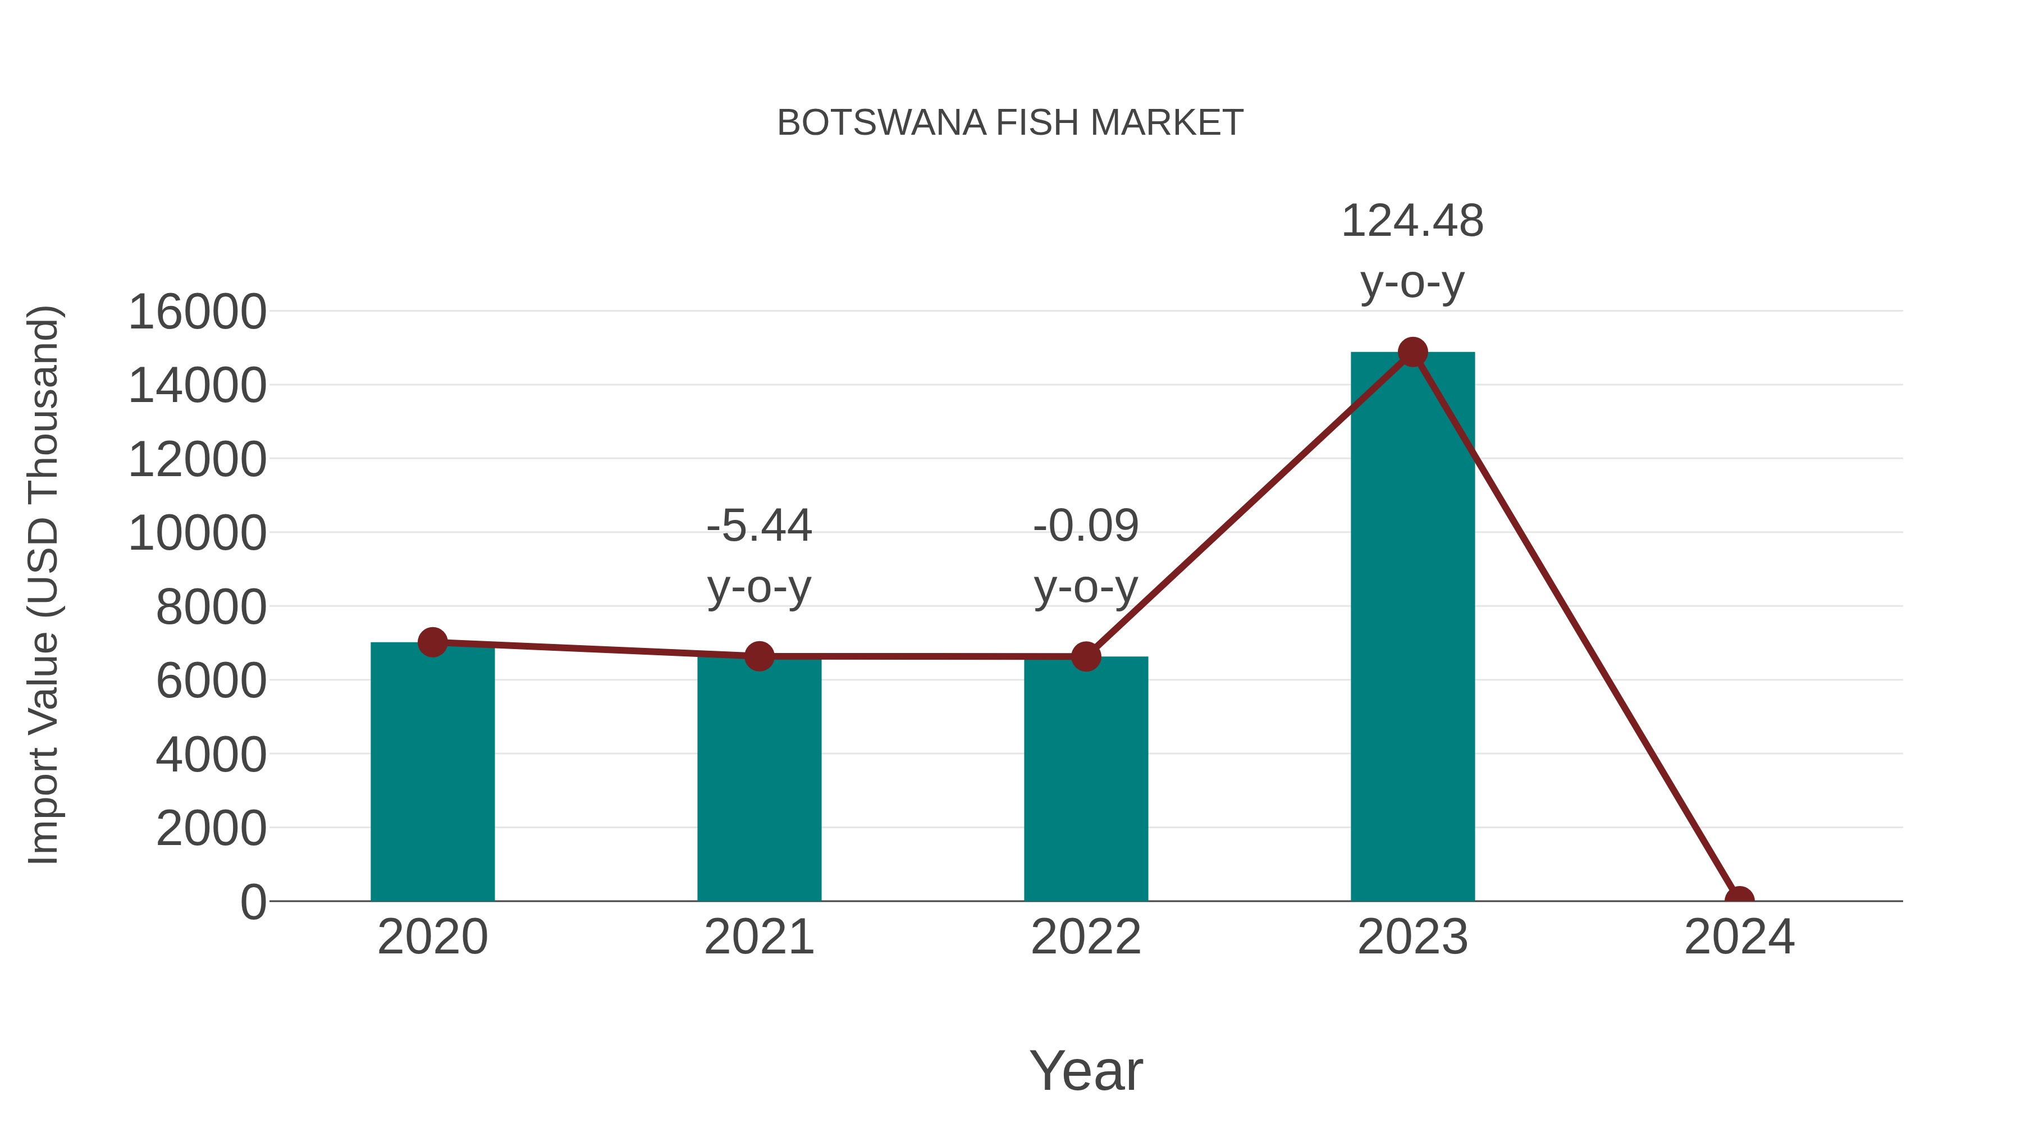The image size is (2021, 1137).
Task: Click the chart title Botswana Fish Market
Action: [x=1010, y=123]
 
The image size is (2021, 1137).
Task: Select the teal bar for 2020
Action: [x=432, y=777]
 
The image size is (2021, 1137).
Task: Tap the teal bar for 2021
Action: [x=758, y=785]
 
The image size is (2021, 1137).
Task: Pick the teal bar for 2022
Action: [x=1085, y=785]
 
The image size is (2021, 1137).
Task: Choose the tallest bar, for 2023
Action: [x=1412, y=628]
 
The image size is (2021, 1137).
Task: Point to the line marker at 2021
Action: [x=758, y=656]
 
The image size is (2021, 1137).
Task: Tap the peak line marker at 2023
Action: [x=1412, y=352]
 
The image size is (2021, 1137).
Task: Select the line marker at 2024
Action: [x=1739, y=899]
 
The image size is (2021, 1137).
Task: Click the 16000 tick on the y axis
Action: [x=197, y=312]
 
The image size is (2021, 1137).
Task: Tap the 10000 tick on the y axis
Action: [x=197, y=533]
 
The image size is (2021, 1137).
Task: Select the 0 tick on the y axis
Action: [x=253, y=902]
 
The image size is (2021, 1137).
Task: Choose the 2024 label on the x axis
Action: [x=1739, y=937]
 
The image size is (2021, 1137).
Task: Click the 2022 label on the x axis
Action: [x=1085, y=937]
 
